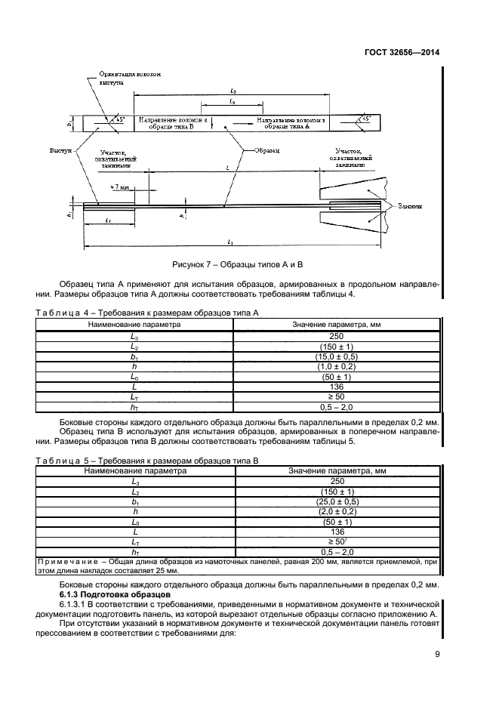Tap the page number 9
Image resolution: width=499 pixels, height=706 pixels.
(437, 655)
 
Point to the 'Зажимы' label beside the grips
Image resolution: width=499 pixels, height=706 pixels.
(408, 205)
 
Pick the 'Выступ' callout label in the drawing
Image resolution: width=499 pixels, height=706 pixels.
(60, 150)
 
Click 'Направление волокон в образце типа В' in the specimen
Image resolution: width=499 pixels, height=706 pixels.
(172, 123)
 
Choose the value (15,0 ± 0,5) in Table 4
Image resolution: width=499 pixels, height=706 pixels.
(336, 355)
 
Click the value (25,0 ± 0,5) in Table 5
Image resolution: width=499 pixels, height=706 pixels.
(336, 501)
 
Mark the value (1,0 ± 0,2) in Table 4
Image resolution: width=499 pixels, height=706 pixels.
(336, 365)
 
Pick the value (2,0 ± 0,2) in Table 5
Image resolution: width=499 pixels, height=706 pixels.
(336, 512)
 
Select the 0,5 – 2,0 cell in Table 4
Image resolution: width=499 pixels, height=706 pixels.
(336, 407)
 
